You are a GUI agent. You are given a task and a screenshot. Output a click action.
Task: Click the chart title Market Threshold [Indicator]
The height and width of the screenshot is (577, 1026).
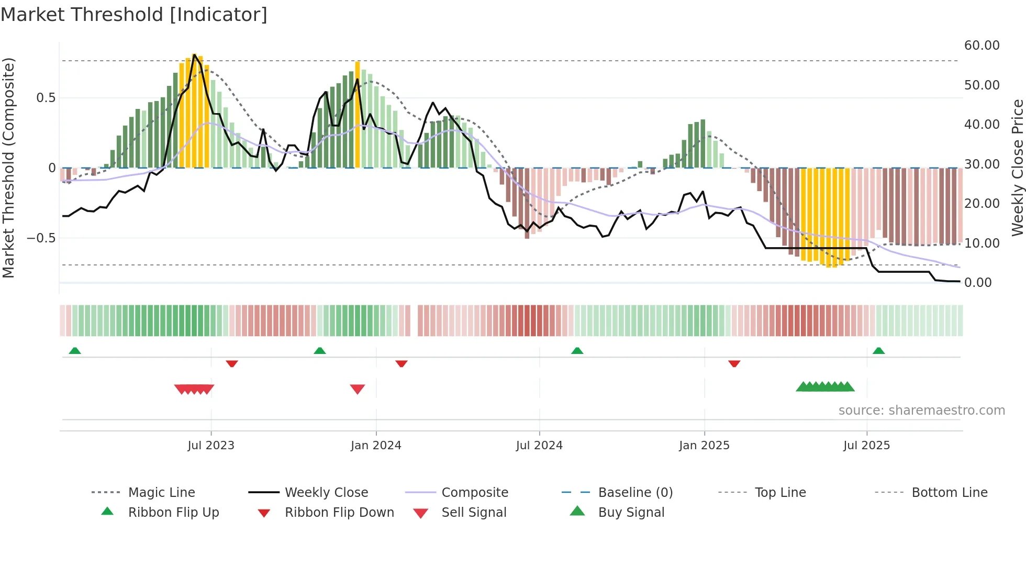tap(134, 15)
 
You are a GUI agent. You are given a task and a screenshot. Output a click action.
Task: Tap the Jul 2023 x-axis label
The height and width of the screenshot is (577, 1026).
tap(211, 446)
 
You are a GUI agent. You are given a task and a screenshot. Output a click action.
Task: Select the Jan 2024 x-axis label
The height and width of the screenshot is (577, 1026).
tap(376, 446)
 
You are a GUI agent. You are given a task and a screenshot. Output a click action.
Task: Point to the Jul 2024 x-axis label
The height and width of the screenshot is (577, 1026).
tap(539, 446)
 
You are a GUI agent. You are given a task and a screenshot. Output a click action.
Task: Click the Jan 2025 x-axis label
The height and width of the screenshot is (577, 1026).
tap(704, 446)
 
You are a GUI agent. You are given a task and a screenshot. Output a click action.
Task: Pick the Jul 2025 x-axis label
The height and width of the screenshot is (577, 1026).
tap(866, 446)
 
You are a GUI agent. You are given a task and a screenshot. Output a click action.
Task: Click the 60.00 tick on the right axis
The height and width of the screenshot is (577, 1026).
tap(982, 46)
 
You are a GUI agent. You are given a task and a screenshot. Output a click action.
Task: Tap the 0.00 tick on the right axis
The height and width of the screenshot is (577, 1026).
tap(978, 283)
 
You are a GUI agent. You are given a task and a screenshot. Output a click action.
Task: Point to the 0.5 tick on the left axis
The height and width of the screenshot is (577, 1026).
tap(46, 98)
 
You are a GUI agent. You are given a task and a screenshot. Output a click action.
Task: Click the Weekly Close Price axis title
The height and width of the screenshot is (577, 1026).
tap(1017, 168)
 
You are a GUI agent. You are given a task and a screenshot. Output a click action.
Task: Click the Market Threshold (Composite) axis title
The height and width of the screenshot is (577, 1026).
tap(8, 168)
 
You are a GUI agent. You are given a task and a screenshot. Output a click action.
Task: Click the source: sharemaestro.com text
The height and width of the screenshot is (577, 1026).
tap(921, 410)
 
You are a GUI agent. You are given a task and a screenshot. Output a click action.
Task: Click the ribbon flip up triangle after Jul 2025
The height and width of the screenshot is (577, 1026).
tap(878, 351)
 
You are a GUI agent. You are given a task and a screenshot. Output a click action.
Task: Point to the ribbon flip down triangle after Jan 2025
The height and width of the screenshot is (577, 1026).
tap(734, 363)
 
